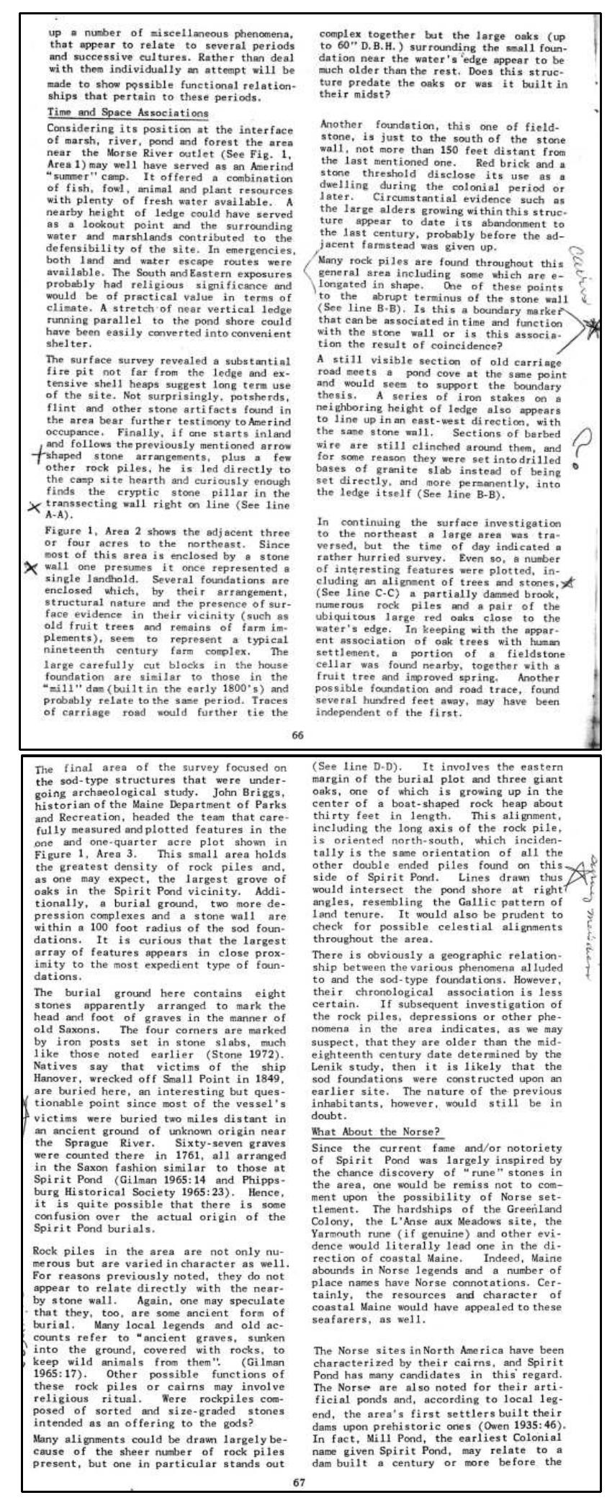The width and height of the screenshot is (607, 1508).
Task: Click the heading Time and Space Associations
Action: click(127, 113)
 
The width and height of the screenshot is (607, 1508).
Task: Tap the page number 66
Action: click(298, 734)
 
